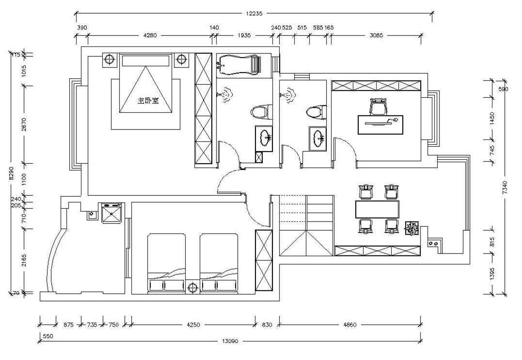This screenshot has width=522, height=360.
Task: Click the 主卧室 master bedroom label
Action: coord(148,100)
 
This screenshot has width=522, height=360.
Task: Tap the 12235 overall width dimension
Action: coord(254,14)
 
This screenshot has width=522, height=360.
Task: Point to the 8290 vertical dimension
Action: coord(12,173)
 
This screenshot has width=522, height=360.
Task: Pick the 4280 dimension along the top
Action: coord(150,35)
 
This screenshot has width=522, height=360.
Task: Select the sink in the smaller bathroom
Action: coord(317,137)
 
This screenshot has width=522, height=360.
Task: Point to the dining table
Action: coord(377,209)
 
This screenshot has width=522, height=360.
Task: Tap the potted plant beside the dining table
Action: coord(412,229)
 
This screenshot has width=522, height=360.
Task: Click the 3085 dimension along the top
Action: coord(376,35)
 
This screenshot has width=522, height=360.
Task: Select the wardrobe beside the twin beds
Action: coord(264,260)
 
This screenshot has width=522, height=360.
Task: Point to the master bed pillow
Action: coord(145,61)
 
